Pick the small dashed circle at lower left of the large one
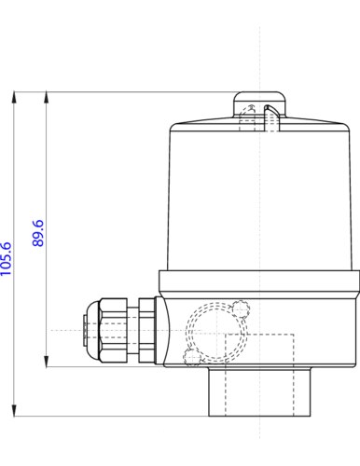[192, 358]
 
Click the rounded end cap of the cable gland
[86, 330]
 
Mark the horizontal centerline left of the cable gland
[65, 331]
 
